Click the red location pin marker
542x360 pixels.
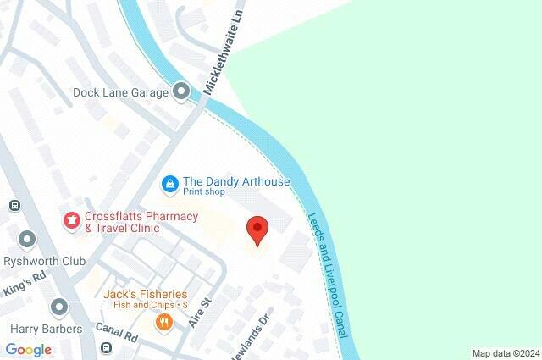(x=257, y=230)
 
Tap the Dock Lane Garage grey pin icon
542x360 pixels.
(x=180, y=91)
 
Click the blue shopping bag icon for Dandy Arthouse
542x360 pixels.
(x=169, y=183)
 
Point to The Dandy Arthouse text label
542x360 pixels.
(x=236, y=181)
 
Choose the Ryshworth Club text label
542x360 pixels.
(x=38, y=261)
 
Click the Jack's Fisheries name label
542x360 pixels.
(x=140, y=294)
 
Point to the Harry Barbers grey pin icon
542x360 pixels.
(x=58, y=307)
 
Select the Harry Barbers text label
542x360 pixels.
(x=47, y=329)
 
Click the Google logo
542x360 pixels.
(x=29, y=350)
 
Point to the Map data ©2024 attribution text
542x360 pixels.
(x=506, y=353)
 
